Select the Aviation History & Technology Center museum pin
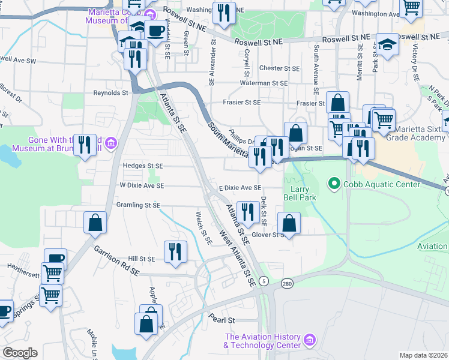(x=310, y=341)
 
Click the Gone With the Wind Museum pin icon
(x=111, y=143)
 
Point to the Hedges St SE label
(x=143, y=166)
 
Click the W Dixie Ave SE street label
(x=142, y=186)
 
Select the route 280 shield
(x=288, y=283)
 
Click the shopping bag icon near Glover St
(x=289, y=223)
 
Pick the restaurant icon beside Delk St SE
(x=247, y=211)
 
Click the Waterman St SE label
(x=264, y=83)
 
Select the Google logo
(x=20, y=353)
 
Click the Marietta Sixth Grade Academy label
(x=417, y=133)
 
